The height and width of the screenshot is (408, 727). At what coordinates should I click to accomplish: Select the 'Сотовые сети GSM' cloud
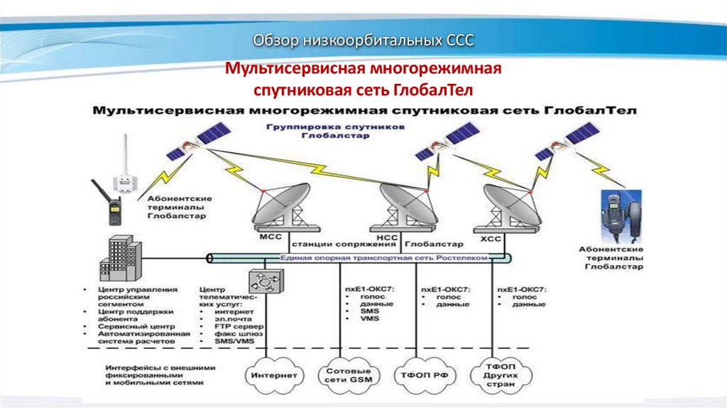[348, 375]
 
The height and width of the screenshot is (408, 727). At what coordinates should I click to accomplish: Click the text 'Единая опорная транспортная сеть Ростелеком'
[384, 258]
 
